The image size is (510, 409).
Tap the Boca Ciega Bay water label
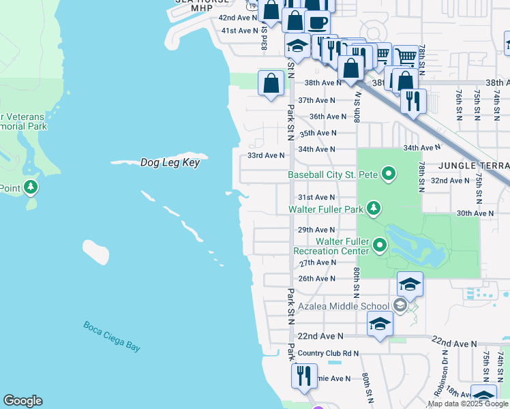pos(112,336)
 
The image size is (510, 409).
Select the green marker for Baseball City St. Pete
pos(389,175)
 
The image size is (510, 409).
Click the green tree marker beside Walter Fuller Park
pos(373,208)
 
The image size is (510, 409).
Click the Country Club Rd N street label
pos(328,353)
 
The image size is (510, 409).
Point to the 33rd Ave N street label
pos(265,155)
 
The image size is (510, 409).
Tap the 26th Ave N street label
pos(317,279)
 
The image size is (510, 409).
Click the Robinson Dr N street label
pos(445,382)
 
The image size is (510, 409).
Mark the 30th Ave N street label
pos(475,213)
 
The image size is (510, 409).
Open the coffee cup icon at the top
pos(317,22)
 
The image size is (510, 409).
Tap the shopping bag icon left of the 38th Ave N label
pos(271,83)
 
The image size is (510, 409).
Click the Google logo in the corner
pos(22,401)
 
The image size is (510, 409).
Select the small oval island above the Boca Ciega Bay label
pos(95,252)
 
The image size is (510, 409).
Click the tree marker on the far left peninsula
pos(30,187)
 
